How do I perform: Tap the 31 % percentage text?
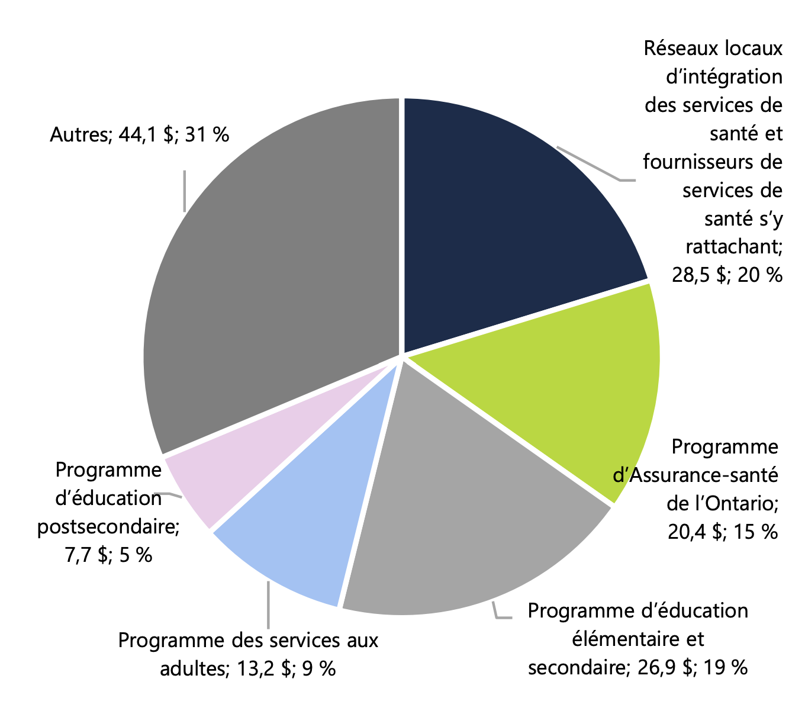207,135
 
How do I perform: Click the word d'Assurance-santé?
695,475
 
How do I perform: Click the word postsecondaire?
108,526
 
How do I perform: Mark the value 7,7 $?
87,555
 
